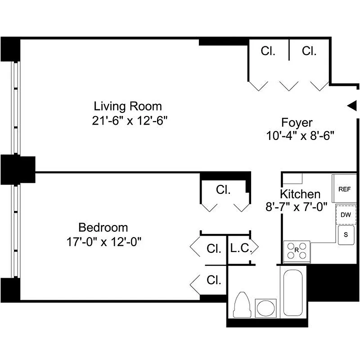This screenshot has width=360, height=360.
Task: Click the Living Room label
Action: [127, 107]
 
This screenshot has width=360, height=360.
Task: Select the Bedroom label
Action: [103, 227]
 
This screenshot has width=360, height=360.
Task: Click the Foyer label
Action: [297, 122]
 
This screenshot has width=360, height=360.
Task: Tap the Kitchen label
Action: [300, 194]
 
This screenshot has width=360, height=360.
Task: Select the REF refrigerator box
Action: [344, 189]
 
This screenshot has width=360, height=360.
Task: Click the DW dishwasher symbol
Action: [345, 215]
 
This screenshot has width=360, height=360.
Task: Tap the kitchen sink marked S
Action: [346, 235]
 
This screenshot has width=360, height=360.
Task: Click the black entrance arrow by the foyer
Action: [352, 105]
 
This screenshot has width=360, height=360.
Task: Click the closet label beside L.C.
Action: [214, 248]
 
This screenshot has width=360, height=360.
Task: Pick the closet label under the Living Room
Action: [223, 190]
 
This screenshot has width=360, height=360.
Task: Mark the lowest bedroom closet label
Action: [214, 280]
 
